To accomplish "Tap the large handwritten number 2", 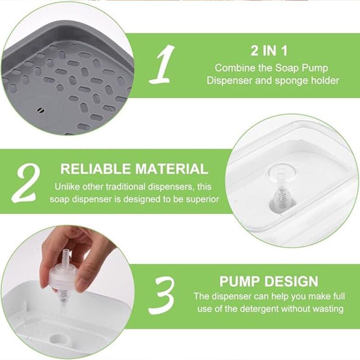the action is point(27,184).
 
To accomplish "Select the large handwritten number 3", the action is point(162,295).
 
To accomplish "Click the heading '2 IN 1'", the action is point(269,51).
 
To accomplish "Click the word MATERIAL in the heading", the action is point(172,169).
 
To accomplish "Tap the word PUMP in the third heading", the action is point(240,281).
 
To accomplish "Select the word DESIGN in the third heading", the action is point(292,281).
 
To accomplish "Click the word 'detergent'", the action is point(260,309).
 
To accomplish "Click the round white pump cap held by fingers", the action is point(62,275).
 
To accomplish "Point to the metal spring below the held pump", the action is point(63,296).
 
